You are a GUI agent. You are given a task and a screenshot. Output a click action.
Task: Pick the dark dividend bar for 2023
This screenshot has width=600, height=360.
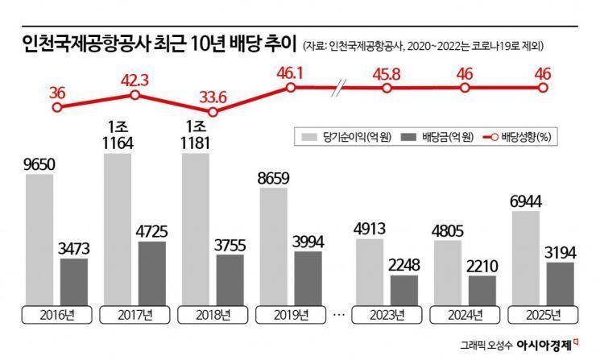tap(404, 288)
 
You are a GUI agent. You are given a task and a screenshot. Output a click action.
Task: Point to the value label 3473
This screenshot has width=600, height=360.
tap(75, 246)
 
